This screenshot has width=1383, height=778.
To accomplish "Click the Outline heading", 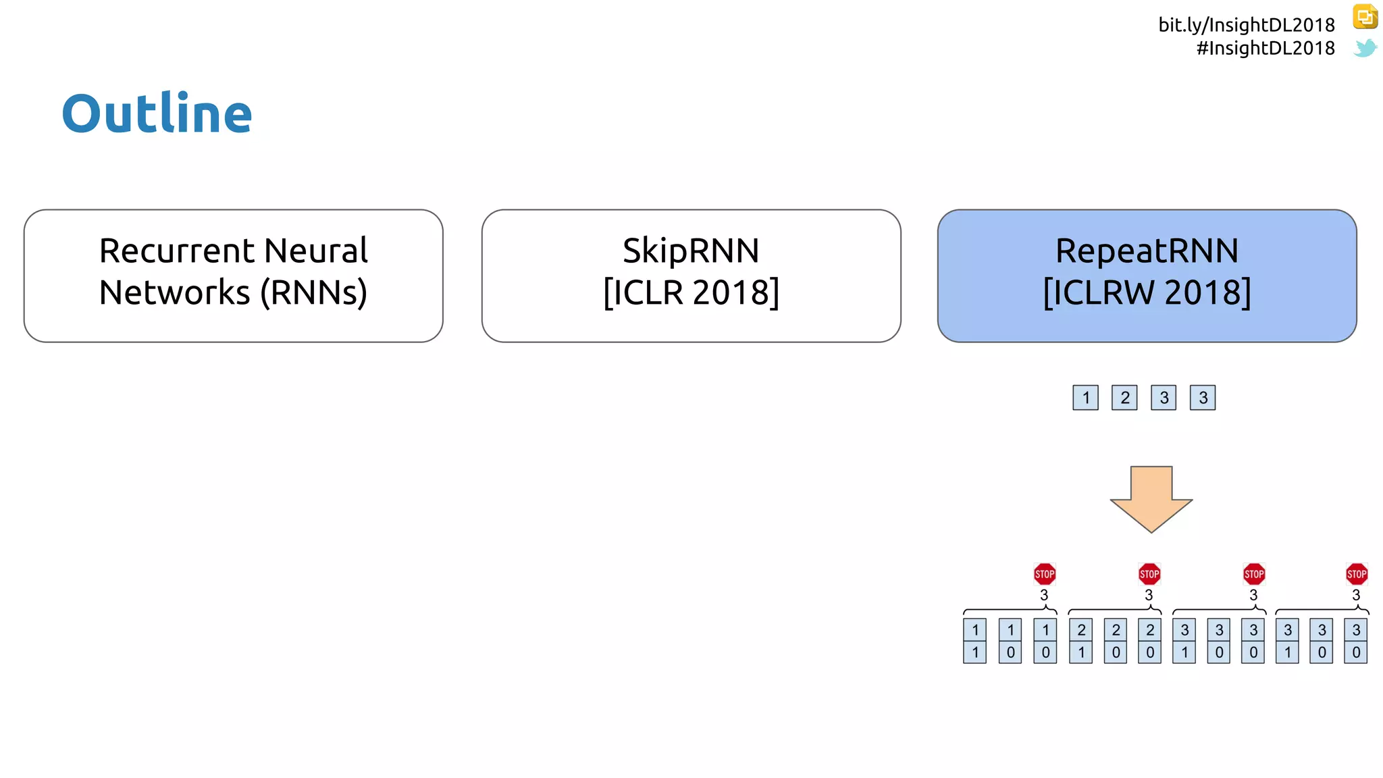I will pos(157,113).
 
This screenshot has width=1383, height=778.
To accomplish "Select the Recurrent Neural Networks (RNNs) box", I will pos(233,276).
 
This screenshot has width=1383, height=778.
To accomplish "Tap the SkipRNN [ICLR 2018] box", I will pos(691,276).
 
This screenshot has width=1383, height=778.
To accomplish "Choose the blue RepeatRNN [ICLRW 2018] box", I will pos(1147,276).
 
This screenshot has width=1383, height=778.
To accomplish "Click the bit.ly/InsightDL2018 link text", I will pos(1246,25).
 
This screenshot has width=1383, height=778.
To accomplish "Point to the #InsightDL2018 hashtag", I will pos(1265,48).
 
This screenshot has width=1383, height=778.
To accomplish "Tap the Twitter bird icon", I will pos(1365,48).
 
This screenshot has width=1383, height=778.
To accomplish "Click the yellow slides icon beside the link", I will pos(1365,16).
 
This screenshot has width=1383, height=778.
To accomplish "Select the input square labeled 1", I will pos(1085,398).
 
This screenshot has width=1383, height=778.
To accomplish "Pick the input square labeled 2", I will pos(1124,398).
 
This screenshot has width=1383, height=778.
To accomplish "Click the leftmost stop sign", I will pos(1045,574).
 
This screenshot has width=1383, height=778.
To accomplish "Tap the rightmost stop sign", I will pos(1357,574).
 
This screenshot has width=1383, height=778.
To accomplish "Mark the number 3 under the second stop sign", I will pos(1149,595).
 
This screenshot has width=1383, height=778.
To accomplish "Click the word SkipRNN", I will pos(691,251).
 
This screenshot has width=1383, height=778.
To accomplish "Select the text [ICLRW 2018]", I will pos(1147,292).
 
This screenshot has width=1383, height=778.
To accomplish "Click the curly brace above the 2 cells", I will pos(1115,611).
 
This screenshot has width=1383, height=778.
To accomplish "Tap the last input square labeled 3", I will pos(1203,398).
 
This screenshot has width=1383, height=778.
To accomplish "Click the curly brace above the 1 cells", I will pos(1010,611).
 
